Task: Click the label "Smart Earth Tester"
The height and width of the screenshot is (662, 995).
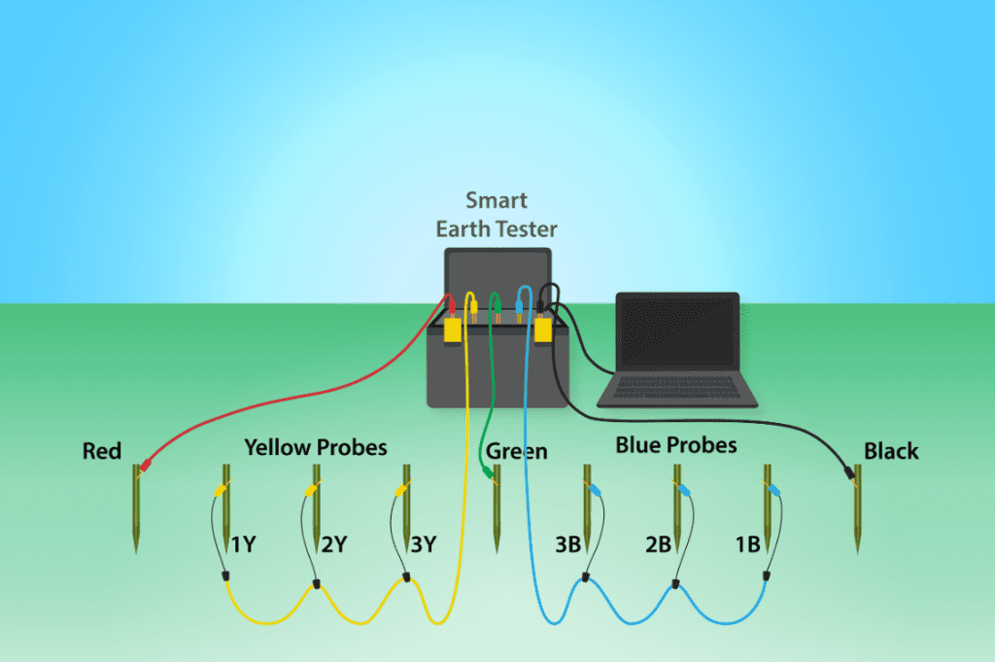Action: coord(496,215)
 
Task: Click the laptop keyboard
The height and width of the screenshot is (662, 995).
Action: coord(677,388)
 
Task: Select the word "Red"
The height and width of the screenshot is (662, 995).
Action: coord(102,451)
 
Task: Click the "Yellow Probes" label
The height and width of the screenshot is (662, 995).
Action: coord(315,447)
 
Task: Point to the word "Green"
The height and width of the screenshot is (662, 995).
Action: coord(517,451)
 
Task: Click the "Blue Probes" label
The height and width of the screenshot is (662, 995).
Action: coord(676,445)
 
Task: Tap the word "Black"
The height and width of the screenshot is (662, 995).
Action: coord(891,451)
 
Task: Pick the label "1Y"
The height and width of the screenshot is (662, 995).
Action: coord(243,544)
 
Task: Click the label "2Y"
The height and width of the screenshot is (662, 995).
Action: coord(334,544)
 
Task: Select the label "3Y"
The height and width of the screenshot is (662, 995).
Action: coord(423,544)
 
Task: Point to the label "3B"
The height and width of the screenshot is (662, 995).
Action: coord(567,544)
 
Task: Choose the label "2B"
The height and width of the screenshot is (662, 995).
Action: coord(658,544)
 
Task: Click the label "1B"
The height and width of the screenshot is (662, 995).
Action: coord(747,544)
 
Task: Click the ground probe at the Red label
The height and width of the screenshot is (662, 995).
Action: coord(135,510)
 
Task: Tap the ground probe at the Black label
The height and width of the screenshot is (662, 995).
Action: coord(857,510)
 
